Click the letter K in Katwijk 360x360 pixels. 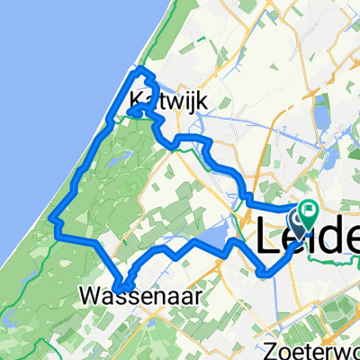pos(137,102)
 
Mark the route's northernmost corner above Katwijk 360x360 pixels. pos(138,69)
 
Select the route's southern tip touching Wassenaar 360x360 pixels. pos(121,289)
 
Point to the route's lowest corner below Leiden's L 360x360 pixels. pos(262,273)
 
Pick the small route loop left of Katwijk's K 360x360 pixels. pos(133,112)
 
